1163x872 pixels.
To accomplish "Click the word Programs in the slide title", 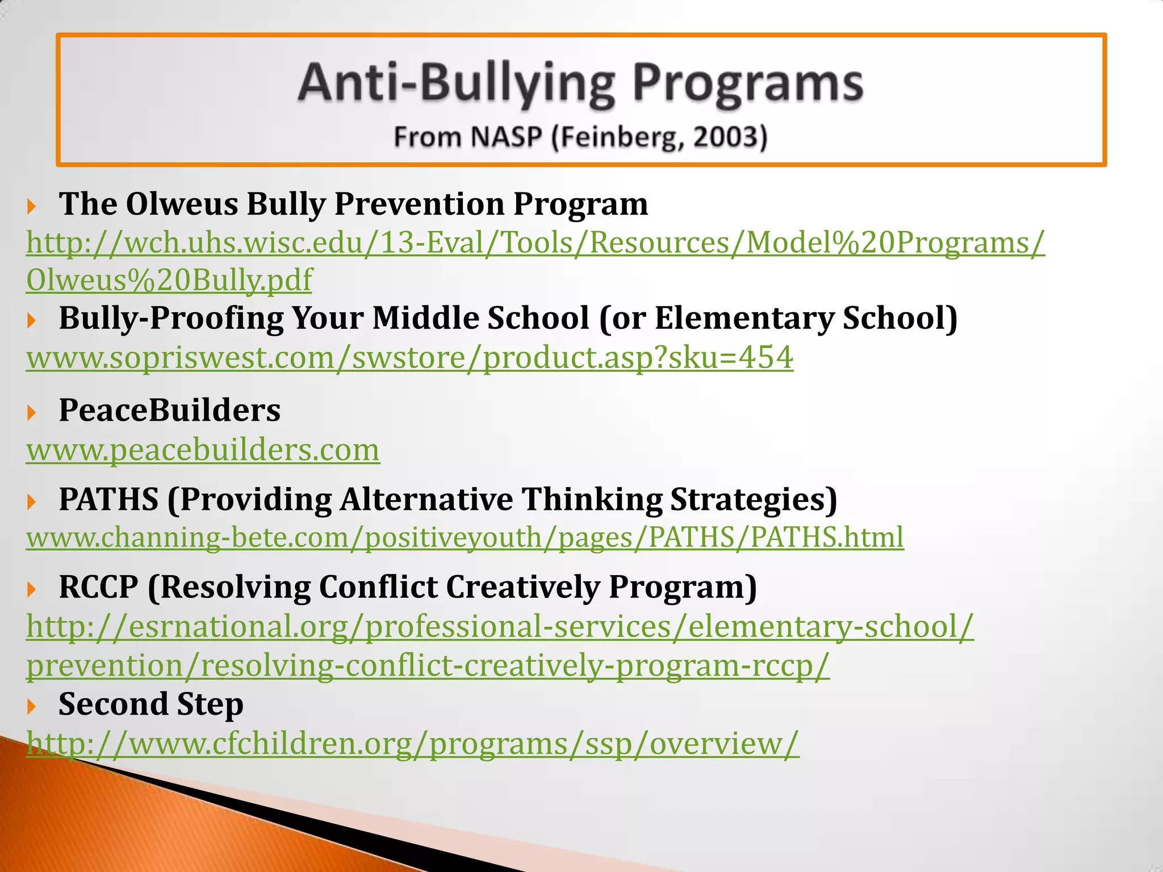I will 748,84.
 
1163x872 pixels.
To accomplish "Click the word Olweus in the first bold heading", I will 181,204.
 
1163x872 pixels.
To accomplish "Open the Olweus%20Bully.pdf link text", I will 169,280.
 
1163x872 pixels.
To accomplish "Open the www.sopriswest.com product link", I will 409,358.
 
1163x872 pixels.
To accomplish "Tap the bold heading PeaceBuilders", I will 169,410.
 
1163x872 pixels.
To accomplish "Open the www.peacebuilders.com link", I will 203,450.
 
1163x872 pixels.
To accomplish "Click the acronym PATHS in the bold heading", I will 108,500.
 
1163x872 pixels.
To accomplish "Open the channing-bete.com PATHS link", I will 465,537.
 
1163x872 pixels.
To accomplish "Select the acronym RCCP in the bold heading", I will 98,587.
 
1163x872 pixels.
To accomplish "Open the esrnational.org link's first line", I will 500,627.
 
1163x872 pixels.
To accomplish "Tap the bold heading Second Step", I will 150,705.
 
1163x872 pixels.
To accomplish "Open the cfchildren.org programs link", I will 412,743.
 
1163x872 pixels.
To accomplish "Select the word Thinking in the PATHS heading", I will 591,500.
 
